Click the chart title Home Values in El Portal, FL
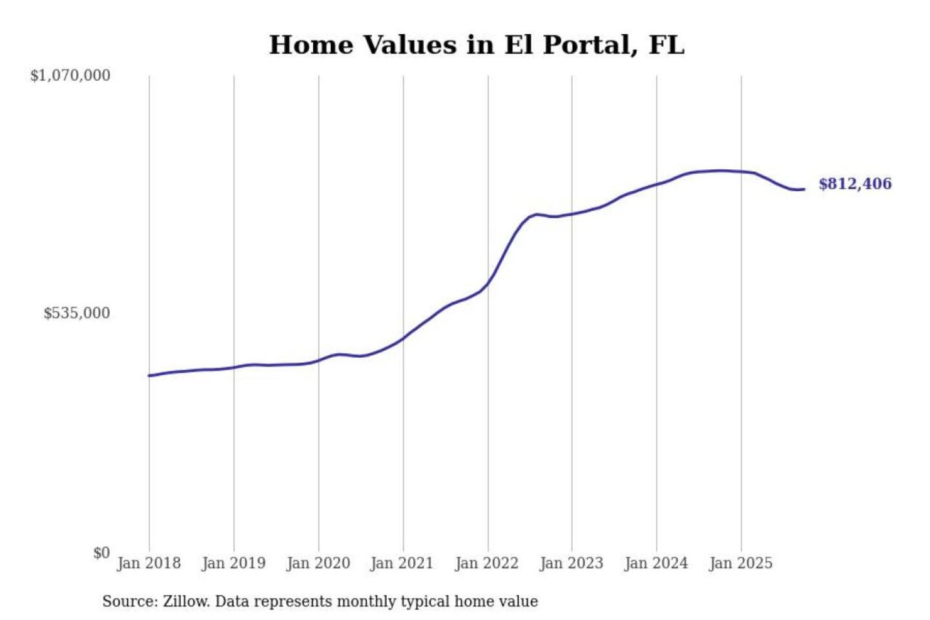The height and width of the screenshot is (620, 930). [x=476, y=45]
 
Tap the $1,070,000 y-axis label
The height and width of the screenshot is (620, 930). [x=70, y=76]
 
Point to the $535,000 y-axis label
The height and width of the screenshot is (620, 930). [x=77, y=313]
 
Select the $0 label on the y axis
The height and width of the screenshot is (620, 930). [x=101, y=553]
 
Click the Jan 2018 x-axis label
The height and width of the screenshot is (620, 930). [x=149, y=563]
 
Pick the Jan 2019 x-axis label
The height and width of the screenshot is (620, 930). [x=233, y=563]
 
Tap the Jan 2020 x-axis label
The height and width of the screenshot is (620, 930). [x=318, y=563]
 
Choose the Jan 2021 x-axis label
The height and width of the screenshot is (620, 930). [x=402, y=563]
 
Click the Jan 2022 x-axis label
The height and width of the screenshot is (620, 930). [x=486, y=563]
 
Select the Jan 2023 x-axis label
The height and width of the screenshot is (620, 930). [x=571, y=563]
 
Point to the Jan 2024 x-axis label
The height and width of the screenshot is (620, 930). [x=656, y=563]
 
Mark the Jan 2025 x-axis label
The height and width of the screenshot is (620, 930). [x=740, y=563]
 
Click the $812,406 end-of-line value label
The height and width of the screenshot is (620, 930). [x=854, y=184]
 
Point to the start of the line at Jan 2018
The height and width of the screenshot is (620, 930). [x=150, y=375]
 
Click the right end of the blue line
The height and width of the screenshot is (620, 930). [x=803, y=189]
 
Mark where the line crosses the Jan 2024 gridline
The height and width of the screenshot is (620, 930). [x=657, y=184]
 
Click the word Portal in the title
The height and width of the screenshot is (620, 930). [x=585, y=45]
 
